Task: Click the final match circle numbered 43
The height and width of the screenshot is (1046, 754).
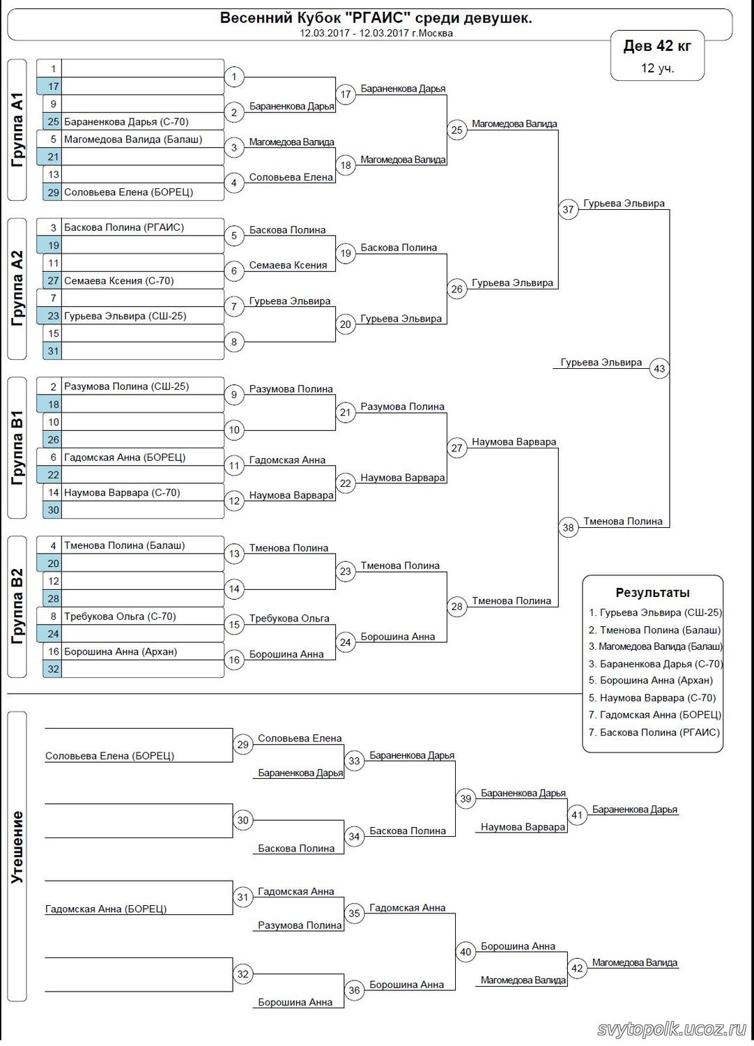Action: coord(659,368)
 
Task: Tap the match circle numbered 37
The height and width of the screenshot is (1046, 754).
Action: coord(569,209)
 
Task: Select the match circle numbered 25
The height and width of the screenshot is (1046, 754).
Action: coord(456,130)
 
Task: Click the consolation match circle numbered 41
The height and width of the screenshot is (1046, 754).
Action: coord(577,814)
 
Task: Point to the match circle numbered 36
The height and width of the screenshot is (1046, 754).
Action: coord(354,990)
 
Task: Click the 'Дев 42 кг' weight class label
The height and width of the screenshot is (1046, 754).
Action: coord(657,46)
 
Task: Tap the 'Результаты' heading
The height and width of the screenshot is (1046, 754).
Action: coord(652,593)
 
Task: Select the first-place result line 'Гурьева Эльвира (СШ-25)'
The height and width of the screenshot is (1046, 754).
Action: coord(655,613)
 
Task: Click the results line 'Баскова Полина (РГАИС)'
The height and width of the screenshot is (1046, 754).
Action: coord(655,732)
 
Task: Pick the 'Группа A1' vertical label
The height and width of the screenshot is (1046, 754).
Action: coord(17,130)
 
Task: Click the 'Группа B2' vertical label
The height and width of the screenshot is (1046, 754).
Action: coord(17,607)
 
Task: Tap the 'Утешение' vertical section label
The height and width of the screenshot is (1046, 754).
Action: coord(17,847)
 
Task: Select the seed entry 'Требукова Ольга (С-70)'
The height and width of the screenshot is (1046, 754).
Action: coord(120,616)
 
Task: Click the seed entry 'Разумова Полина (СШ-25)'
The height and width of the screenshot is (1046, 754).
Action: coord(126,386)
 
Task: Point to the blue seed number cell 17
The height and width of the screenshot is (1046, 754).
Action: coord(53,86)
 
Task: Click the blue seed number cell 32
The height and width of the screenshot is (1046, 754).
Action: coord(53,669)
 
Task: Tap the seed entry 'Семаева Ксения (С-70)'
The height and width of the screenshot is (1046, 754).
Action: coord(118,281)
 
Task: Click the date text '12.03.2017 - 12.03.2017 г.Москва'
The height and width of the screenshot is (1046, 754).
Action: coord(376,33)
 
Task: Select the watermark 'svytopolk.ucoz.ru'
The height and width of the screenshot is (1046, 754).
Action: coord(672,1029)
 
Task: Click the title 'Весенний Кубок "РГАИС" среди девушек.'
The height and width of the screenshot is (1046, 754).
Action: coord(376,18)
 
